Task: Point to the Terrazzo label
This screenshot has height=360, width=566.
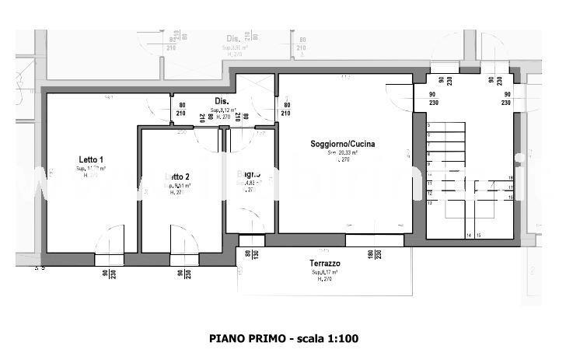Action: coord(325,264)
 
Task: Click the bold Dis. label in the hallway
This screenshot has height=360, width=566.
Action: coord(221,100)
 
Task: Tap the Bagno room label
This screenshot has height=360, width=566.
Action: coord(250,174)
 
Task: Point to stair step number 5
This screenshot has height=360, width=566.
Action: coord(428,125)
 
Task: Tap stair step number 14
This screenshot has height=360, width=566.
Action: coord(468,234)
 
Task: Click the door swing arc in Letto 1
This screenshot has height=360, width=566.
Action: coord(110,236)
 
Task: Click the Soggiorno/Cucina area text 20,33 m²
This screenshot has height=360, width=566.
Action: coord(342,153)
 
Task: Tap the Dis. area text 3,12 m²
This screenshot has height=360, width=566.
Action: coord(222,110)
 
